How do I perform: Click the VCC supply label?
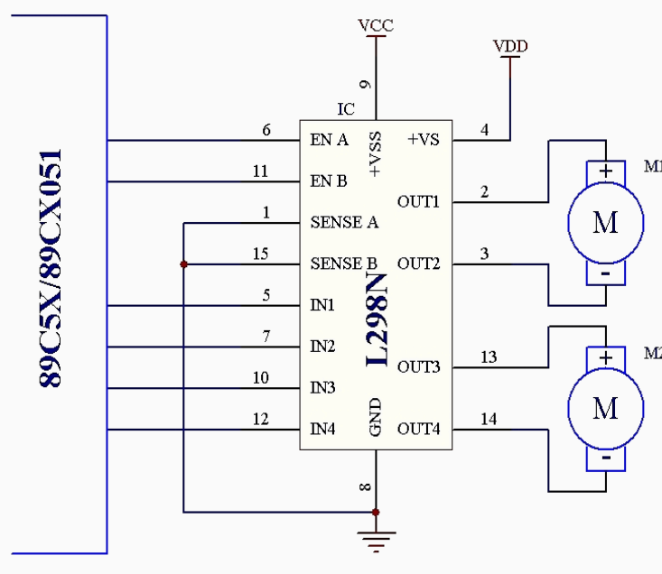click(x=376, y=25)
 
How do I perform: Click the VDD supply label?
click(x=510, y=46)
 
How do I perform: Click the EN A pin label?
click(x=330, y=140)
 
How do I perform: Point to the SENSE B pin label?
click(x=343, y=264)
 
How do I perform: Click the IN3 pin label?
click(x=323, y=388)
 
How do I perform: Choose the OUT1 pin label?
click(x=418, y=200)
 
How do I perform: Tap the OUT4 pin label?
click(x=419, y=428)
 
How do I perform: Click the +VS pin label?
click(x=423, y=140)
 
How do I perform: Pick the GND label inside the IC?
click(x=376, y=418)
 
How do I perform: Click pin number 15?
click(x=260, y=255)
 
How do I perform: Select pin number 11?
click(x=260, y=171)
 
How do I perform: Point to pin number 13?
click(x=489, y=357)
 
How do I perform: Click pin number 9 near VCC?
click(x=366, y=85)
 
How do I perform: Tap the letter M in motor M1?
click(x=605, y=222)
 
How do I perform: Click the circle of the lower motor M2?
click(x=605, y=409)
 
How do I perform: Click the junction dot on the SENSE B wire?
click(x=183, y=264)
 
